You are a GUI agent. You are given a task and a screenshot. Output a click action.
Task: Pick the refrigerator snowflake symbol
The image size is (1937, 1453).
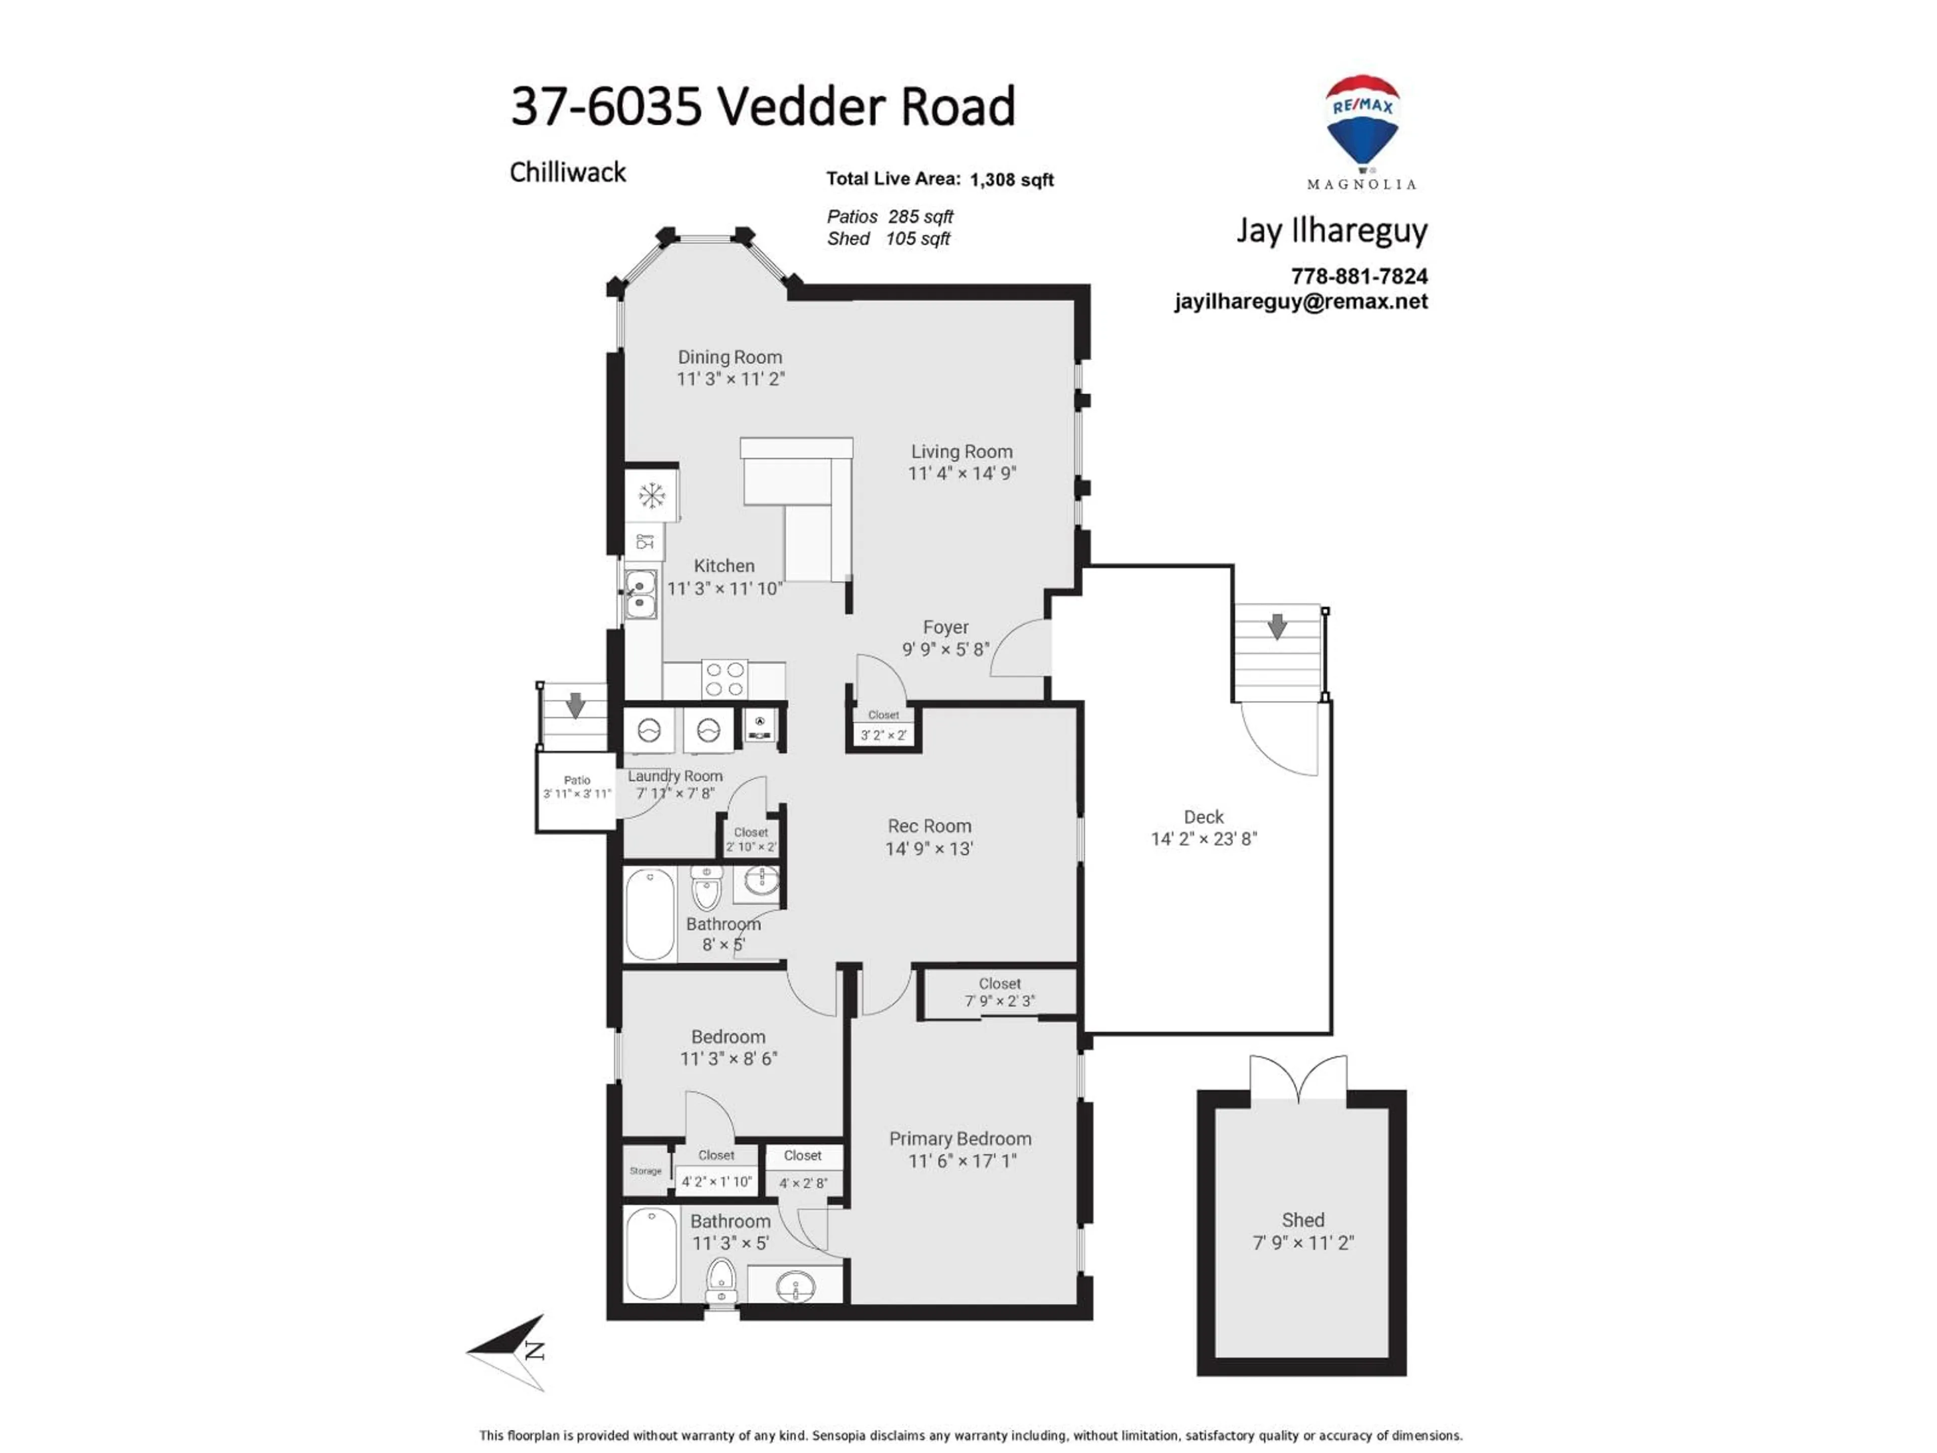652,496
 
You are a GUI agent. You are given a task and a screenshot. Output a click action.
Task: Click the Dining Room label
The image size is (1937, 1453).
729,357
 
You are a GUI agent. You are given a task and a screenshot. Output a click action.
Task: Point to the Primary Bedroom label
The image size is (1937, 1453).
960,1139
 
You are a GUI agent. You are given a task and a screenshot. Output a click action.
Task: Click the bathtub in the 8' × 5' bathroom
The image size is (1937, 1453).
650,914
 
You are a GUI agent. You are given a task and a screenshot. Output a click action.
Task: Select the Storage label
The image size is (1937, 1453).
645,1171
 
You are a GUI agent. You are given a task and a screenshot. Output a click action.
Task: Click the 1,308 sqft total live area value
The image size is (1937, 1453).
1011,180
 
